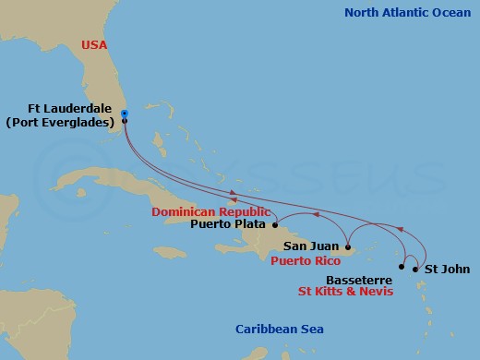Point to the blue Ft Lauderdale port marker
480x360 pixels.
[124, 115]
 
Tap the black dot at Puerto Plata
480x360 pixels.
[275, 224]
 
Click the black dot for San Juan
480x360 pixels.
[347, 247]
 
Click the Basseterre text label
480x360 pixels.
[357, 278]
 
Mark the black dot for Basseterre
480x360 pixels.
[401, 267]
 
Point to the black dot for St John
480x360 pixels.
[415, 270]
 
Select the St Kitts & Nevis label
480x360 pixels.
[345, 291]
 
